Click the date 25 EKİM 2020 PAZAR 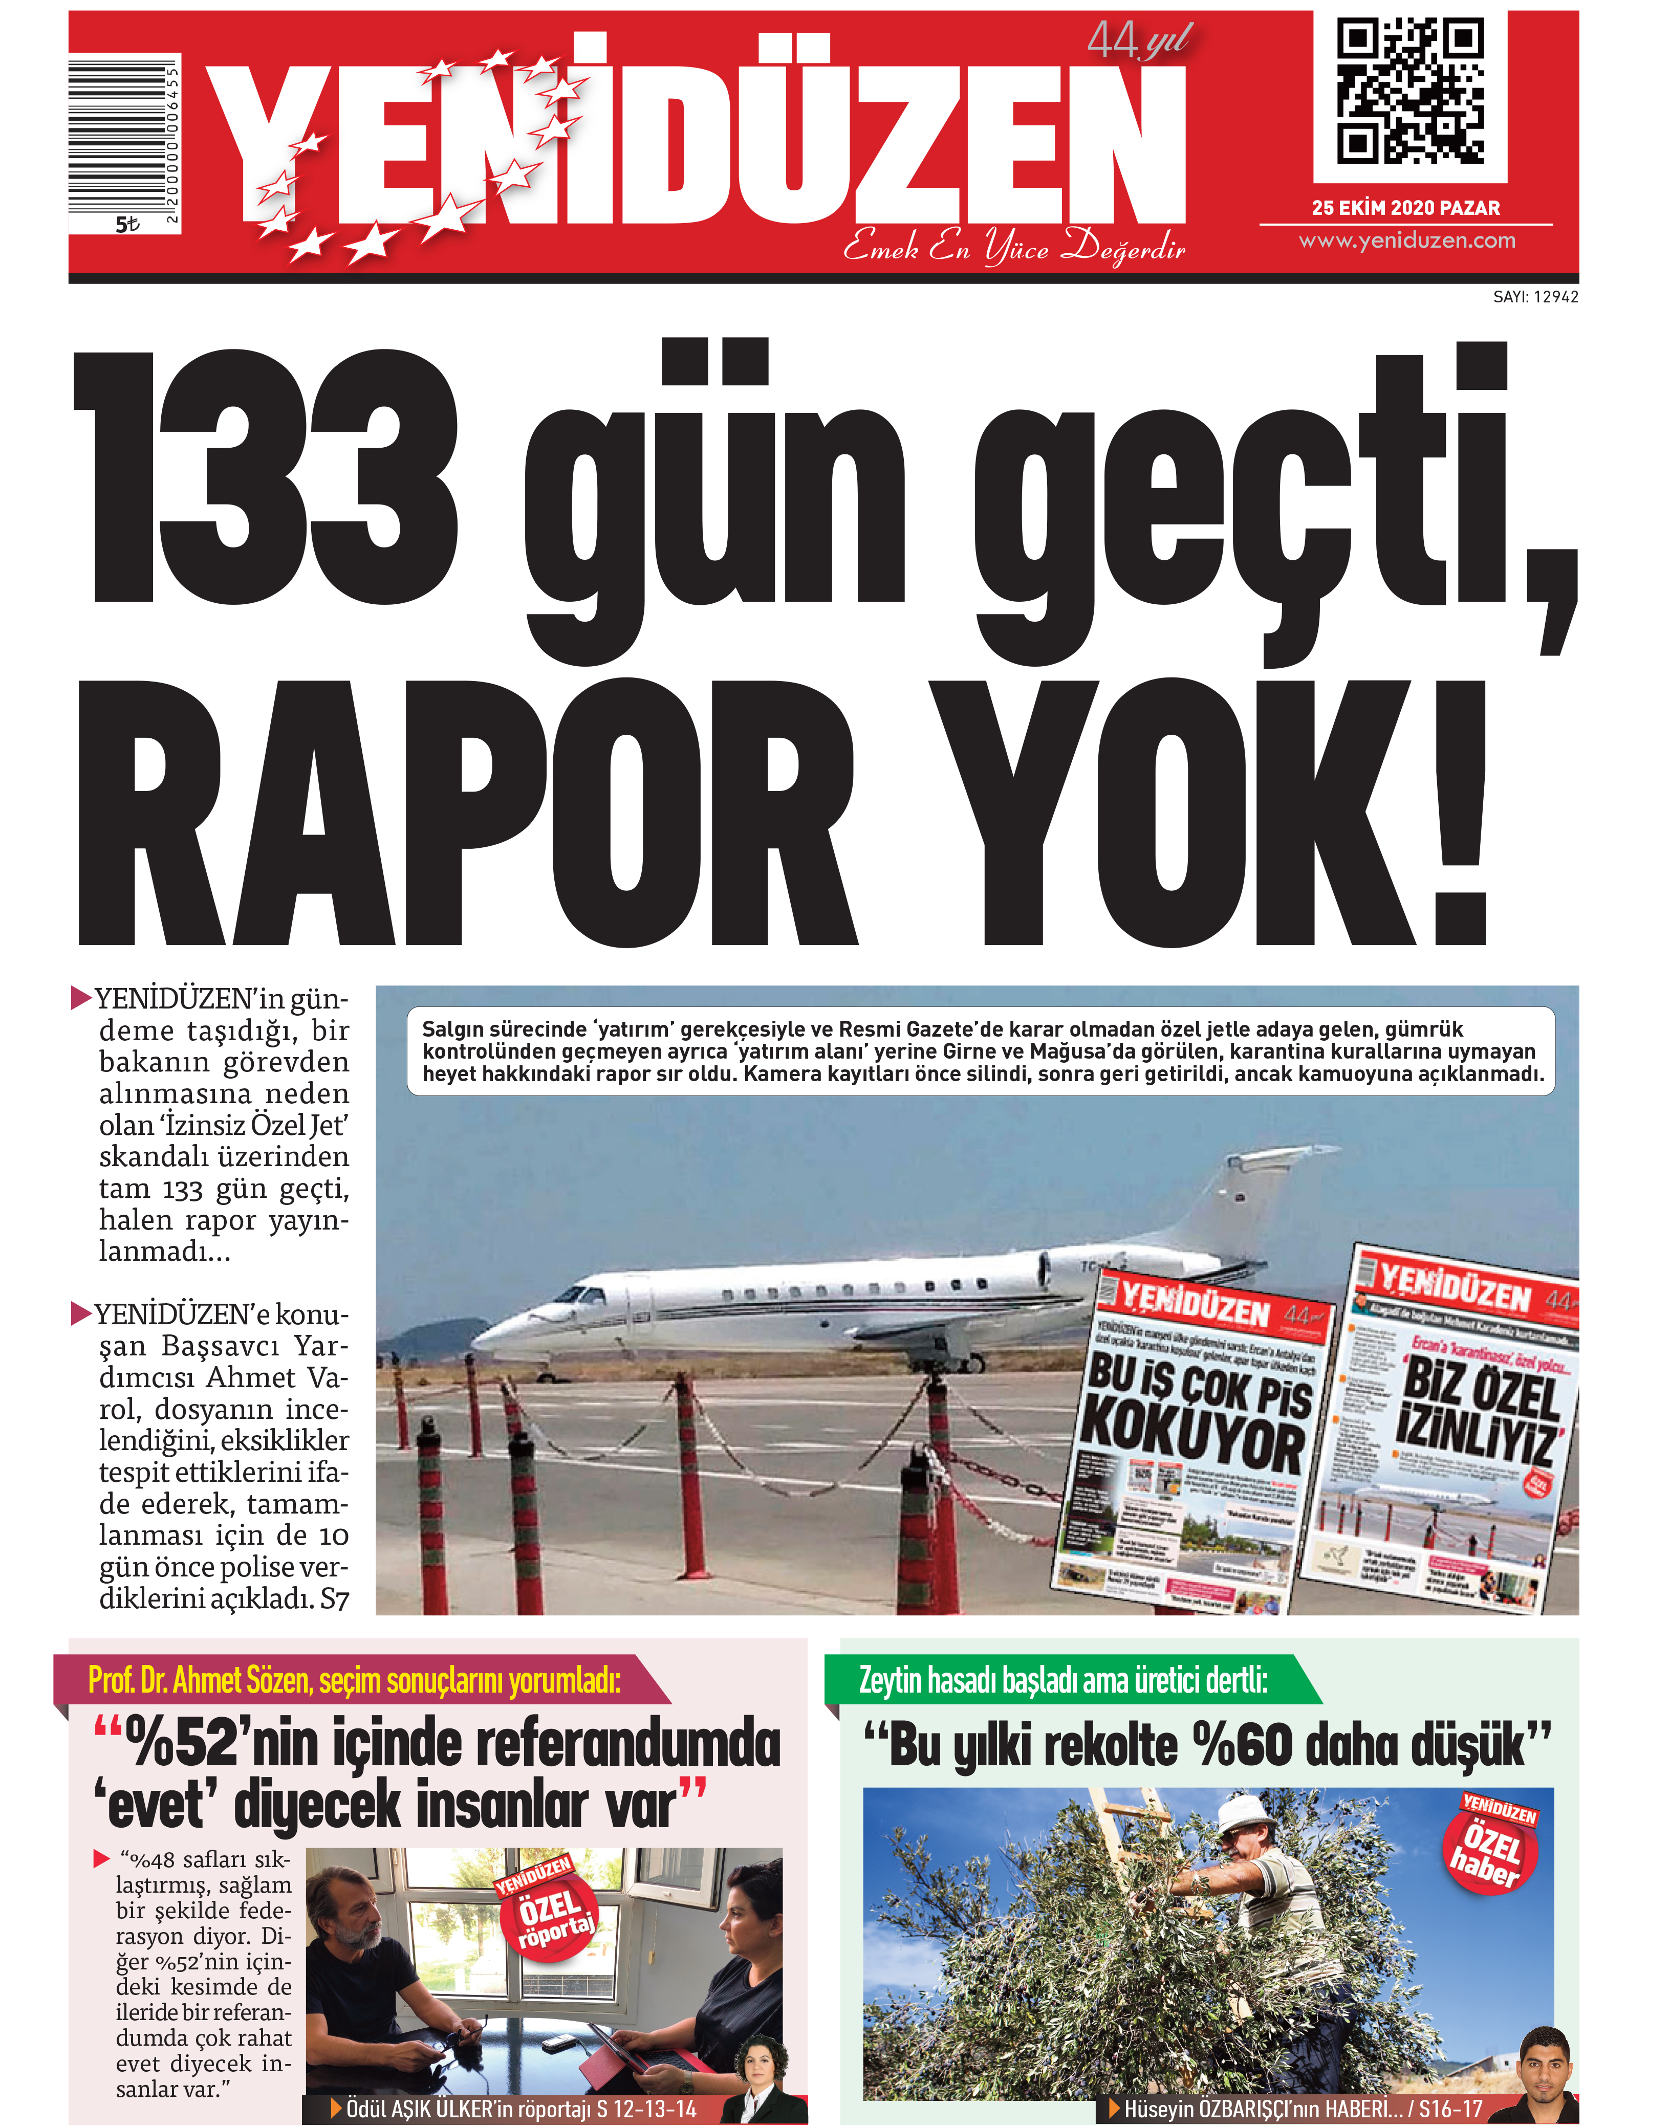(1405, 207)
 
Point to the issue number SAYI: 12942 (1535, 296)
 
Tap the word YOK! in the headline (1212, 812)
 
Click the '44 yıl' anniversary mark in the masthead (1139, 41)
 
